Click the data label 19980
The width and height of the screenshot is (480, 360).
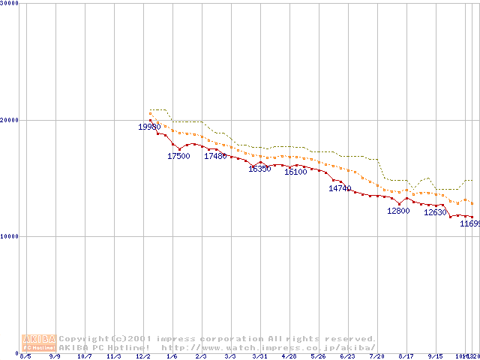(x=149, y=127)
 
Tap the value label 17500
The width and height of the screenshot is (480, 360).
(x=178, y=157)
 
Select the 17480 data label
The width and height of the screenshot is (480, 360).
(x=215, y=156)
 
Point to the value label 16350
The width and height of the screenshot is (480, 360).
(x=259, y=169)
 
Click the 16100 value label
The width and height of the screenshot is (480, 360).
(x=295, y=172)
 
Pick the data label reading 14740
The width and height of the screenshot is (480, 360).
(x=340, y=188)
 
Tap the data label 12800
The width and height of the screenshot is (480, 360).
(x=398, y=211)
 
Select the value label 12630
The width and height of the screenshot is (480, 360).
(x=435, y=213)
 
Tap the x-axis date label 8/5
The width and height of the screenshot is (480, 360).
(x=25, y=356)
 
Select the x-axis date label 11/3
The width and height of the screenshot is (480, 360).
(x=113, y=356)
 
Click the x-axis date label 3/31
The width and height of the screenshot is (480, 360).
(x=259, y=356)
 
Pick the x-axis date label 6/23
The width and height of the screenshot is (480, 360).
(x=347, y=356)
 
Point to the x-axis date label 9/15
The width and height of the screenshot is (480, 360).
(x=435, y=356)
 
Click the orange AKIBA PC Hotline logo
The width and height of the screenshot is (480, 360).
(x=39, y=343)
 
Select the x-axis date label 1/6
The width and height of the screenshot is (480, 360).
(x=172, y=356)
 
